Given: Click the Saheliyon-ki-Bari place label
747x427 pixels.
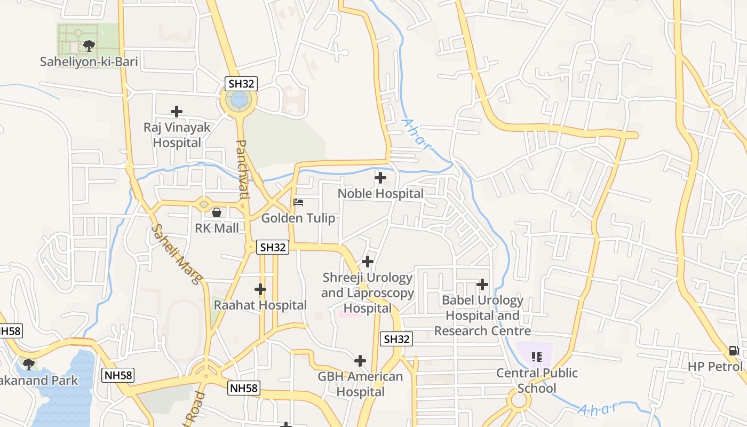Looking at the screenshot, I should click(x=89, y=62).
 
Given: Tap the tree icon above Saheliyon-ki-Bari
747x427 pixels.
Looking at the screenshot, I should click(x=89, y=46).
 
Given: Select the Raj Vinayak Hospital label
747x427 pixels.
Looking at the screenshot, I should click(x=177, y=135).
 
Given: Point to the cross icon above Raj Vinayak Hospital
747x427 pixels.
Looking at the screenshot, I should click(x=177, y=112).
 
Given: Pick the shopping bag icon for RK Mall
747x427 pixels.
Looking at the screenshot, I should click(x=217, y=212).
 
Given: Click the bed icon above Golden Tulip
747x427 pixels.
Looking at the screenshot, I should click(x=298, y=202).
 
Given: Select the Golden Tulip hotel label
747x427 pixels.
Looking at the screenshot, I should click(x=298, y=218).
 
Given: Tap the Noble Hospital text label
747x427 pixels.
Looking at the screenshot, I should click(x=380, y=193).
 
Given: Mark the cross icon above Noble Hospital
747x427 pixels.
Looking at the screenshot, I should click(x=380, y=178).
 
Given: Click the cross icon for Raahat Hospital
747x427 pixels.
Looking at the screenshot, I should click(x=260, y=289).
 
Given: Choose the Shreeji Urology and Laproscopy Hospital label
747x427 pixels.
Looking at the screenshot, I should click(x=368, y=292).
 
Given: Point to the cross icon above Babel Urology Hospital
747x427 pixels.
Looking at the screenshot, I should click(x=482, y=284).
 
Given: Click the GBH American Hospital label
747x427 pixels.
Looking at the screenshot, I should click(x=360, y=384).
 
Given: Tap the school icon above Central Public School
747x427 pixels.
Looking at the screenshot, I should click(x=537, y=357).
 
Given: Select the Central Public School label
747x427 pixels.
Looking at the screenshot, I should click(x=537, y=380).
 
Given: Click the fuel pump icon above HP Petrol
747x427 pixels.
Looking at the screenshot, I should click(x=734, y=351).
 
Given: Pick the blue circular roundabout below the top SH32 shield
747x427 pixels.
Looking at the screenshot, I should click(x=239, y=100).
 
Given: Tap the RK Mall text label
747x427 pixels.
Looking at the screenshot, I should click(x=217, y=228).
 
